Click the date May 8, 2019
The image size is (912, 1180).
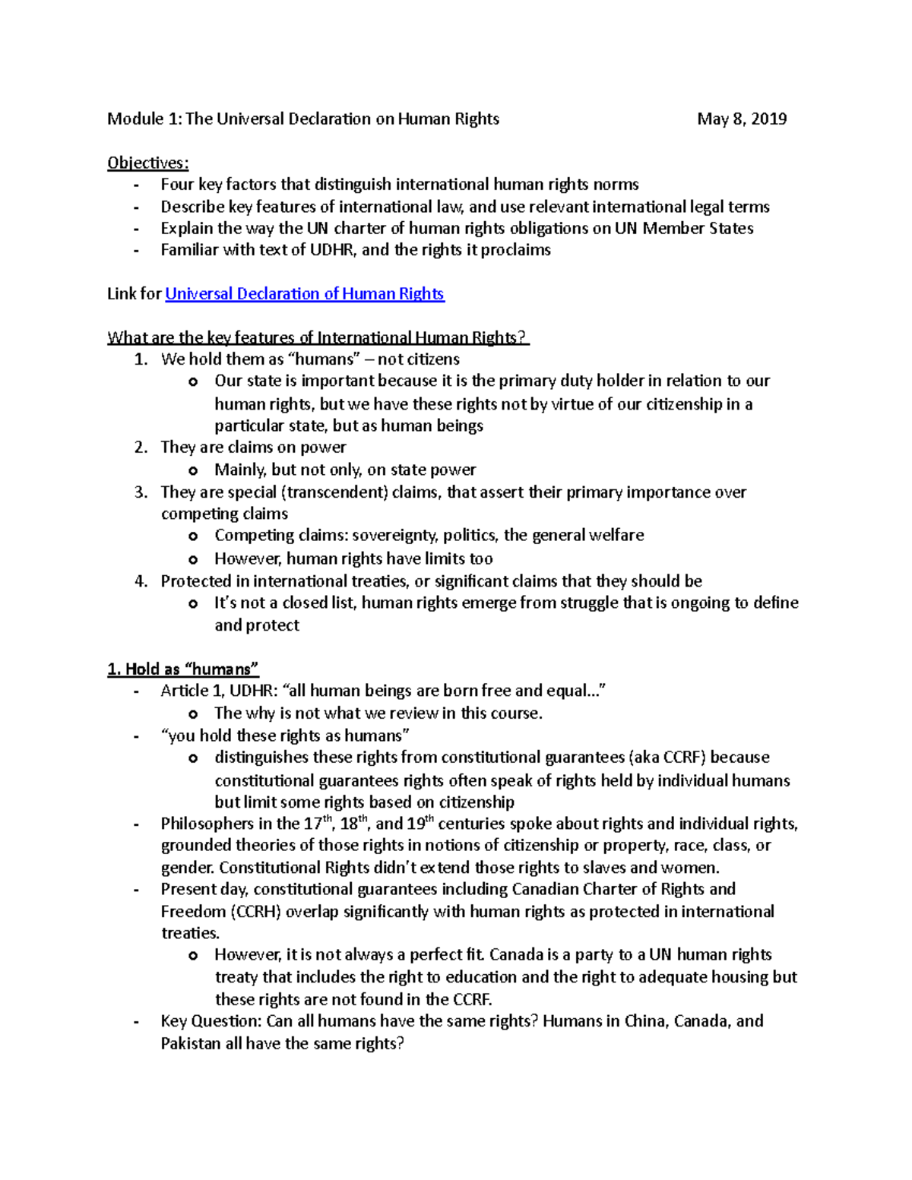tap(742, 119)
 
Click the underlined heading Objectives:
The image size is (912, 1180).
tap(147, 163)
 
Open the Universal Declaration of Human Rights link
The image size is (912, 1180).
tap(304, 294)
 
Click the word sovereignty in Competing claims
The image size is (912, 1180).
tap(394, 536)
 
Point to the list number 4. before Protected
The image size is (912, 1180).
tap(141, 581)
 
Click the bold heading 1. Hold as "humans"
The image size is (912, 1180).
tap(183, 669)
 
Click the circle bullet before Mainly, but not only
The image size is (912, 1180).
tap(193, 471)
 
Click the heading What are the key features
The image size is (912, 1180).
tap(318, 337)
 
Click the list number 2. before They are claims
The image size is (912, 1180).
tap(141, 448)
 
